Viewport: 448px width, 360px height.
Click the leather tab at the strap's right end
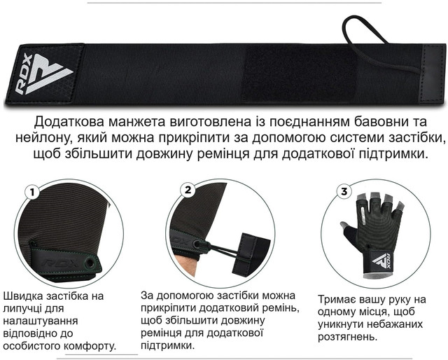click(x=432, y=74)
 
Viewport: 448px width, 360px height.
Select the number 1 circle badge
click(x=33, y=193)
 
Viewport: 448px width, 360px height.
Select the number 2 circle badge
click(x=188, y=190)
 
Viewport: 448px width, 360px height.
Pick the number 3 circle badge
click(x=344, y=191)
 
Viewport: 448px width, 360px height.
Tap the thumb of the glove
click(x=349, y=230)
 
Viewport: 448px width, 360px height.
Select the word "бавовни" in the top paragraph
click(x=371, y=121)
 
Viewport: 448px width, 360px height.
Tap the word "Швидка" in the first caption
click(x=22, y=296)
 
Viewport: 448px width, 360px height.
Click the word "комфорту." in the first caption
click(x=90, y=346)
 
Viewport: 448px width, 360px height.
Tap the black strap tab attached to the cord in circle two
click(x=250, y=254)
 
